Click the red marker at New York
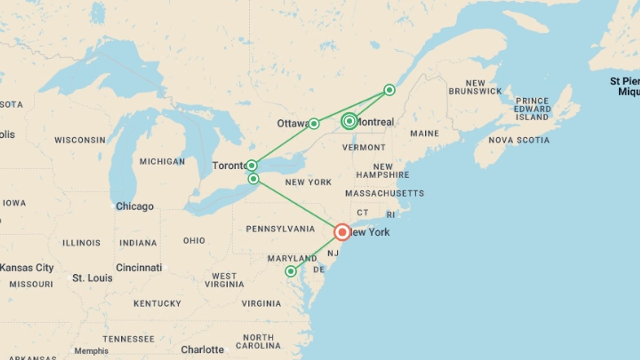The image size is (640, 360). [x=342, y=232]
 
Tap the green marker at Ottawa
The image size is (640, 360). [x=314, y=124]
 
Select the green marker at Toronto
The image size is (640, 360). [x=252, y=165]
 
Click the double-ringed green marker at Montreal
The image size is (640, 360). [x=349, y=121]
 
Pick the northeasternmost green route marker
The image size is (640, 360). [x=389, y=90]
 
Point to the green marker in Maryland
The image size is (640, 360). [x=291, y=271]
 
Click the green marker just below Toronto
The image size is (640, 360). [x=253, y=179]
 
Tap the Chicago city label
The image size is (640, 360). [x=134, y=206]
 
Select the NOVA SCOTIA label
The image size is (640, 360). [x=519, y=140]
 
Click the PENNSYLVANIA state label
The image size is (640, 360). [x=280, y=229]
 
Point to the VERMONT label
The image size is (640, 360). [x=364, y=147]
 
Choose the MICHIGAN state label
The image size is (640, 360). [x=162, y=162]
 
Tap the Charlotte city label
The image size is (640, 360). [x=202, y=350]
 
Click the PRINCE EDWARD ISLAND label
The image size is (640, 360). [x=532, y=109]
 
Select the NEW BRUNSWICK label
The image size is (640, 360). [x=475, y=87]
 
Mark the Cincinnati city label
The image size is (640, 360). [x=139, y=268]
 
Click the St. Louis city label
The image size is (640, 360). [x=92, y=278]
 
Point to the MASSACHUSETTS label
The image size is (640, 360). [x=385, y=193]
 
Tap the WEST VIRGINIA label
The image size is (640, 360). [x=224, y=280]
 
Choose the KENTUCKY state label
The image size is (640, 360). [x=157, y=304]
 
